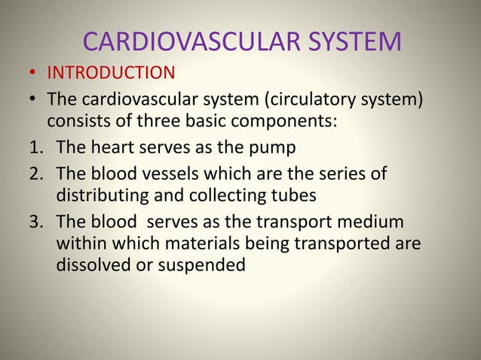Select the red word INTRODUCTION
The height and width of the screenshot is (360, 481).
point(111,74)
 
